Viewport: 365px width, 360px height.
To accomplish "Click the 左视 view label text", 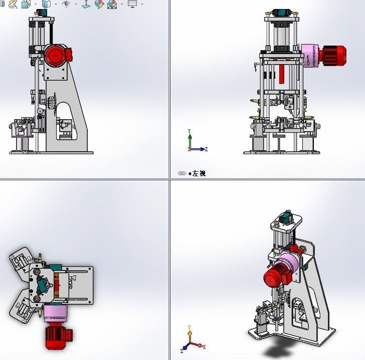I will pyautogui.click(x=199, y=174).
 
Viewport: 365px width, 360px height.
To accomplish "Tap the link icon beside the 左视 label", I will pyautogui.click(x=182, y=174).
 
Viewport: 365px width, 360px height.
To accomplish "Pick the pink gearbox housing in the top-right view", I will pyautogui.click(x=310, y=55).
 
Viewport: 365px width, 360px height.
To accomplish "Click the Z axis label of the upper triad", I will pyautogui.click(x=207, y=149).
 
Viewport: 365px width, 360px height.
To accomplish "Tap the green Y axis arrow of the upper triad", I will pyautogui.click(x=190, y=139).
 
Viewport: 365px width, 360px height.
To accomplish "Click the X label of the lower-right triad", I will pyautogui.click(x=205, y=347).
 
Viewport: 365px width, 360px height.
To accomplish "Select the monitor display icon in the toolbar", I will pyautogui.click(x=132, y=4).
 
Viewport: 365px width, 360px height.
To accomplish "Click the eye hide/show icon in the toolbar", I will pyautogui.click(x=66, y=4).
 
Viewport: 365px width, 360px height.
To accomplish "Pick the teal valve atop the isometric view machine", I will pyautogui.click(x=287, y=218).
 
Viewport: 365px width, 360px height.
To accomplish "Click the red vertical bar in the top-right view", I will pyautogui.click(x=282, y=74).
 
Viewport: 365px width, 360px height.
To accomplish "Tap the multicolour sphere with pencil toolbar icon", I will pyautogui.click(x=99, y=4).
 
